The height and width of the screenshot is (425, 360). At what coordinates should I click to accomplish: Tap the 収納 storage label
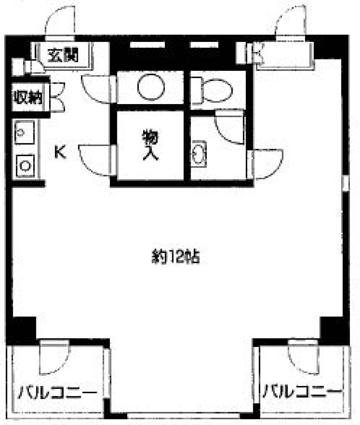click(28, 97)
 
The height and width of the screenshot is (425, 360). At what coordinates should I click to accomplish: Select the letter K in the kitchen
click(60, 152)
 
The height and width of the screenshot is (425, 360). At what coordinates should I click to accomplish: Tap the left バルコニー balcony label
click(58, 392)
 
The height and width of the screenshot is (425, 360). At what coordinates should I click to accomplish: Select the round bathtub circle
click(151, 87)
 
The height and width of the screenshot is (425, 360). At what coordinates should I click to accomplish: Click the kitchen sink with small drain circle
click(24, 132)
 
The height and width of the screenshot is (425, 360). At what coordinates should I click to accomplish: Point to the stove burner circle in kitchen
click(25, 166)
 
